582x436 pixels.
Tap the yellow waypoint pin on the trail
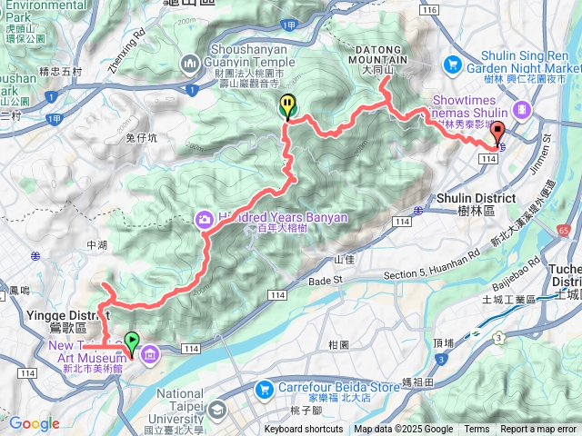[x=287, y=106]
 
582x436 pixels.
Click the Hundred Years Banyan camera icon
[x=205, y=219]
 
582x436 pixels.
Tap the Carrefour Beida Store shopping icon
[x=265, y=388]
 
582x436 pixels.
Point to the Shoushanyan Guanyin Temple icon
[x=190, y=64]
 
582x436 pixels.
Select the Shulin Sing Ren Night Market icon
[x=453, y=64]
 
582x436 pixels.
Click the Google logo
[x=34, y=423]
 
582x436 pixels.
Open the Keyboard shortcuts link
[x=304, y=430]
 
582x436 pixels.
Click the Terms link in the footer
[x=477, y=430]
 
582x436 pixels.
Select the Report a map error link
[x=538, y=430]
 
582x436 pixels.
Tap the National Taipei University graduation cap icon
[x=218, y=411]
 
